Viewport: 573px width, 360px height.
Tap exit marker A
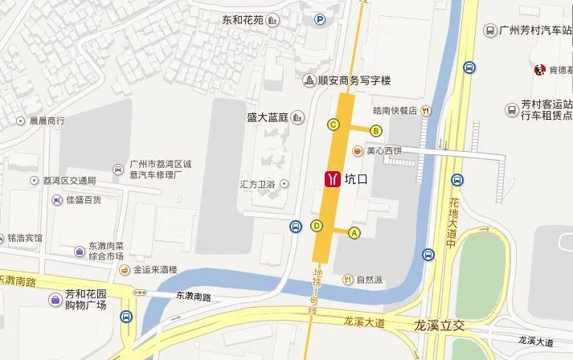pyautogui.click(x=354, y=232)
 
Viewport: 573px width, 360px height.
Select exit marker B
pyautogui.click(x=375, y=130)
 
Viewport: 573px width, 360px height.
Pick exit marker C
pyautogui.click(x=332, y=124)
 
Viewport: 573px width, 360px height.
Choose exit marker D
pyautogui.click(x=317, y=226)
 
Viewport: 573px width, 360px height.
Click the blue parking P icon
pyautogui.click(x=320, y=20)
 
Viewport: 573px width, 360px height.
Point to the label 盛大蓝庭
pyautogui.click(x=267, y=117)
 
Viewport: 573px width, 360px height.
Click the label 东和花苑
pyautogui.click(x=244, y=19)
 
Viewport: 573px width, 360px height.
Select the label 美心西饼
pyautogui.click(x=383, y=150)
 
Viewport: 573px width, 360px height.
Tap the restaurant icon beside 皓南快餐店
pyautogui.click(x=425, y=111)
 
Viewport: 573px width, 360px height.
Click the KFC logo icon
pyautogui.click(x=539, y=71)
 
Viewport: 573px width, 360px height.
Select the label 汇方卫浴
pyautogui.click(x=257, y=184)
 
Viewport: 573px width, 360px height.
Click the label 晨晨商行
pyautogui.click(x=47, y=121)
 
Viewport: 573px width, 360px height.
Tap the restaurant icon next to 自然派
pyautogui.click(x=348, y=280)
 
